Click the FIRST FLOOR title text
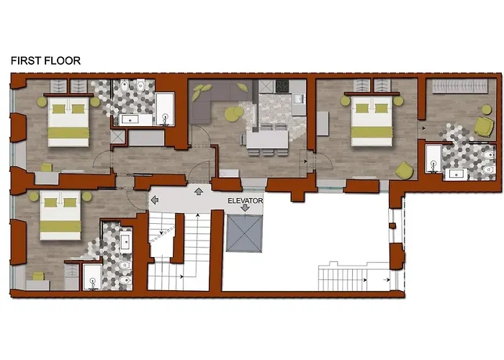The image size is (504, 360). tap(45, 60)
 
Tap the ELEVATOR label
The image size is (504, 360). tap(246, 201)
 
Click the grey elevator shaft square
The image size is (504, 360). tap(245, 233)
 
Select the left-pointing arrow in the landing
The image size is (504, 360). tap(155, 200)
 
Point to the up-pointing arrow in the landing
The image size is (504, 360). tap(199, 192)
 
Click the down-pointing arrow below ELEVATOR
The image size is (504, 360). tap(246, 208)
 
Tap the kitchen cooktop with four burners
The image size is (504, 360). tap(282, 86)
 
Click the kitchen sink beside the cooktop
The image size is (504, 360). tap(299, 99)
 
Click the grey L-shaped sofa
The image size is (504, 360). tap(219, 98)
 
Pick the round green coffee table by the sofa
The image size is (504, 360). tap(234, 114)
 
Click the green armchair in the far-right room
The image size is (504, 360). tap(485, 126)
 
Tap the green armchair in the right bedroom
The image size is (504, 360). tap(405, 170)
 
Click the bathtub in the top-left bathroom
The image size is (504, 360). tap(165, 109)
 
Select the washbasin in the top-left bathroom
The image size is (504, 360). tap(130, 120)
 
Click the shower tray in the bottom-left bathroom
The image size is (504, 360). tap(93, 277)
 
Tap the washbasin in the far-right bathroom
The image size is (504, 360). tap(456, 174)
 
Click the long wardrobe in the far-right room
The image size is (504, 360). tap(460, 86)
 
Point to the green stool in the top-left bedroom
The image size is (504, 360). tap(47, 167)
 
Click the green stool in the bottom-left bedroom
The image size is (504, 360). tap(39, 276)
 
